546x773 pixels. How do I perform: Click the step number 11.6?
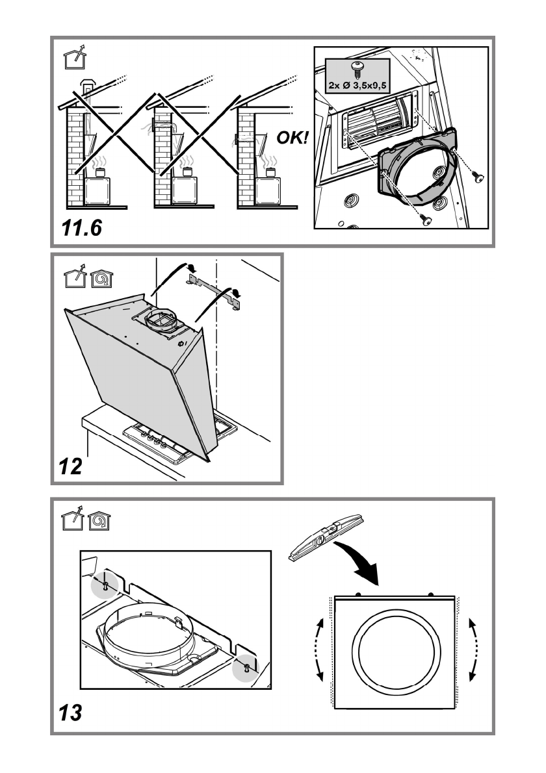[x=82, y=228]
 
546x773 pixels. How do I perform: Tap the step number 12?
[x=71, y=466]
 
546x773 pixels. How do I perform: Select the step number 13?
[x=71, y=713]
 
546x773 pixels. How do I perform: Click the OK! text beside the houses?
[x=292, y=138]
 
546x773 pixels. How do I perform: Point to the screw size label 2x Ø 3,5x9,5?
[x=357, y=85]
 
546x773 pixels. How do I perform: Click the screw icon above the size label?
[x=357, y=69]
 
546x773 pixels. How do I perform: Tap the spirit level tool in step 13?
[x=326, y=538]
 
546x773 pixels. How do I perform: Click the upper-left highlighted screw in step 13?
[x=105, y=585]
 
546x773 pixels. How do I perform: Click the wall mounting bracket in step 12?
[x=214, y=292]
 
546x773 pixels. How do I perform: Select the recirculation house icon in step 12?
[x=101, y=279]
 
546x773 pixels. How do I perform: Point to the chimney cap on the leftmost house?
[x=88, y=84]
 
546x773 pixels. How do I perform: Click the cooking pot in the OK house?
[x=270, y=172]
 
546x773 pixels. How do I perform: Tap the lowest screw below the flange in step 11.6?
[x=425, y=220]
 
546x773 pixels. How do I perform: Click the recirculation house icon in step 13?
[x=99, y=521]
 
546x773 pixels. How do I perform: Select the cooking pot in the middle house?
[x=187, y=172]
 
